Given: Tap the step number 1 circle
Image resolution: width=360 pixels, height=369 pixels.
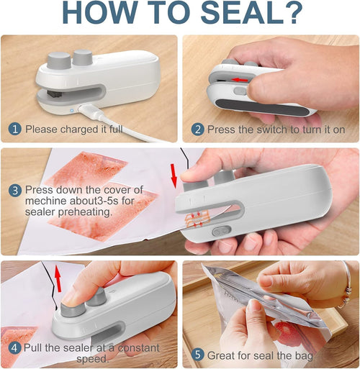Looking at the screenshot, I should pyautogui.click(x=15, y=129).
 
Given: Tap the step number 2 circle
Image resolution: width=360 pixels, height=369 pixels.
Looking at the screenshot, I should pyautogui.click(x=197, y=129).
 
